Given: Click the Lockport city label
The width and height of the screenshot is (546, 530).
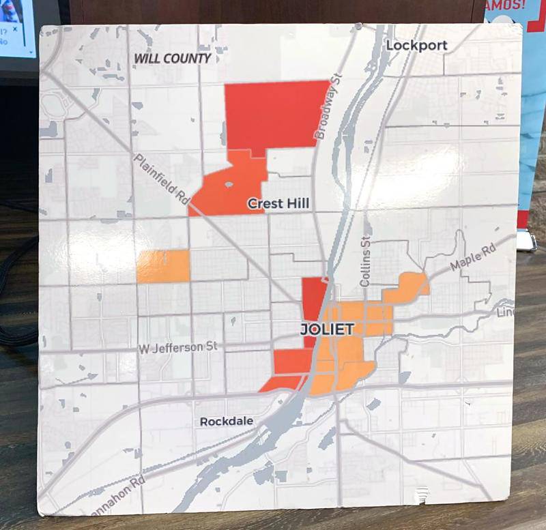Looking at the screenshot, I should [416, 46].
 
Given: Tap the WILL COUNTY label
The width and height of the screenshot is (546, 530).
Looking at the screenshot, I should [172, 59].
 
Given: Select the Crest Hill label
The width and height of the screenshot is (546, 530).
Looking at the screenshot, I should [278, 203].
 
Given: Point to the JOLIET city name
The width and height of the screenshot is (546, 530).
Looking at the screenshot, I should [328, 329].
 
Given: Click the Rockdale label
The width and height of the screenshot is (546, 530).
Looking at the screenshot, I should [226, 422].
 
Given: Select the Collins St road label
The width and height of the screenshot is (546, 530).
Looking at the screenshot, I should [366, 256].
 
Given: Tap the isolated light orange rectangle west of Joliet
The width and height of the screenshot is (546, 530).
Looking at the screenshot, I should [163, 266].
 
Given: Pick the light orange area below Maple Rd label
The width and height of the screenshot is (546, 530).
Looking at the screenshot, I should [405, 289].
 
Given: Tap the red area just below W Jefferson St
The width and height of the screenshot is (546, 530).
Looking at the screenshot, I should [292, 362].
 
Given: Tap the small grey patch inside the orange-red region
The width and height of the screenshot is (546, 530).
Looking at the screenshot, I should [229, 184].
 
